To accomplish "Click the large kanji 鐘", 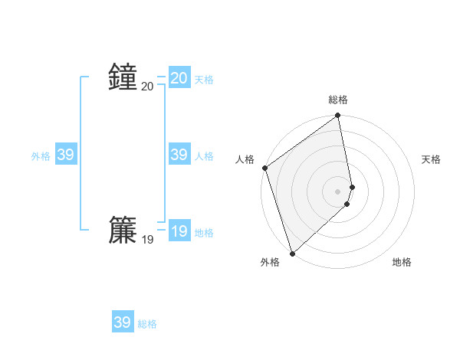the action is point(123,77).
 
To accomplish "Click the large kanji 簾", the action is point(123,230).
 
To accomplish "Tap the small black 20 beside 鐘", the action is point(147,87).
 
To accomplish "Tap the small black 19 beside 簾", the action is point(147,240).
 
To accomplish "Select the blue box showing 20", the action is point(179,78).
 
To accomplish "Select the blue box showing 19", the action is point(179,231).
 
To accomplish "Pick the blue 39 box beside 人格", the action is point(179,155).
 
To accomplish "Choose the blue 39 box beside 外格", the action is point(65,155).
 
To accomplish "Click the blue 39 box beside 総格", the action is point(123,322).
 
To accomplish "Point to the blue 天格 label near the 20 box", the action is point(204,80).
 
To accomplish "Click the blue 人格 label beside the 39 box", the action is point(204,156).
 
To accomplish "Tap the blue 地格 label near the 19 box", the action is point(204,233).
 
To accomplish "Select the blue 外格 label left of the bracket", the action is point(41,156).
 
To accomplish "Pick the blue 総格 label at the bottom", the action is point(147,324).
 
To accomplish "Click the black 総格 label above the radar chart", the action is point(338,100).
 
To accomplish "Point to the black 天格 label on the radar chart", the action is point(432,159).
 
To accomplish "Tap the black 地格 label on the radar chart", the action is point(402,262).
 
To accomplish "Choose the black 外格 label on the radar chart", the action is point(270,262).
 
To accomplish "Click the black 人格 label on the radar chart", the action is point(245,159).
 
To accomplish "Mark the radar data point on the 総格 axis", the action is point(338,116).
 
